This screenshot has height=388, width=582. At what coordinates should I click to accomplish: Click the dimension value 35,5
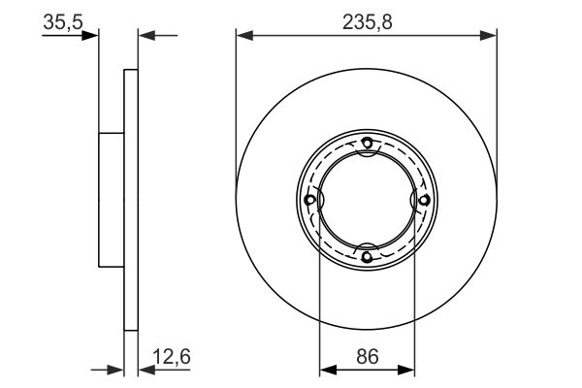(x=63, y=22)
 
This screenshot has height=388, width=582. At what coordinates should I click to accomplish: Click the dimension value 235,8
(x=367, y=22)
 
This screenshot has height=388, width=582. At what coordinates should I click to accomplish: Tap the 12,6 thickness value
(x=172, y=357)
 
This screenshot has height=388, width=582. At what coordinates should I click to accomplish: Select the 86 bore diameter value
(x=368, y=357)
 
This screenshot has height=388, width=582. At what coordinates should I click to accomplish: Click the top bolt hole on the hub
(x=367, y=143)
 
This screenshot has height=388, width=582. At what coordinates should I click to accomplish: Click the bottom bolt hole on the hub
(x=367, y=256)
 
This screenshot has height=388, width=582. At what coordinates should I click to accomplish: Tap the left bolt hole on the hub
(x=309, y=200)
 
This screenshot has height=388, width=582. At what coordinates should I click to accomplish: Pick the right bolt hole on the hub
(x=424, y=200)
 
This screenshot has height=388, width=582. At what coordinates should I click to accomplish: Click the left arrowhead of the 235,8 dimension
(x=244, y=36)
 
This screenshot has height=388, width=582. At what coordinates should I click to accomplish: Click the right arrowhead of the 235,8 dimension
(x=488, y=36)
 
